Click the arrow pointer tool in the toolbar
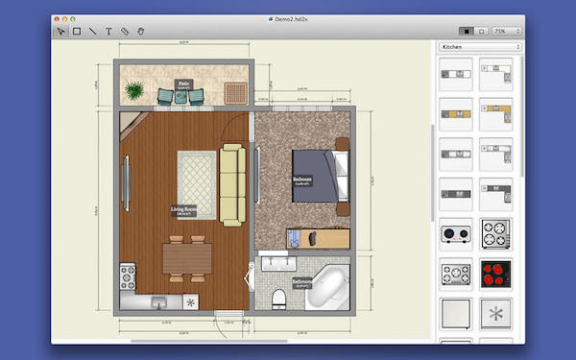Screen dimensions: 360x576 (x=60, y=31)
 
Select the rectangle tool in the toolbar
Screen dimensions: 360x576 (x=76, y=31)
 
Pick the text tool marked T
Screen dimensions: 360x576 (x=108, y=31)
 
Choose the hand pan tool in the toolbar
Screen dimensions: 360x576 (x=141, y=31)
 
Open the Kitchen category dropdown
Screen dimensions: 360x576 (x=479, y=46)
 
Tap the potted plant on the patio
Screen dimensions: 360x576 (x=136, y=89)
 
